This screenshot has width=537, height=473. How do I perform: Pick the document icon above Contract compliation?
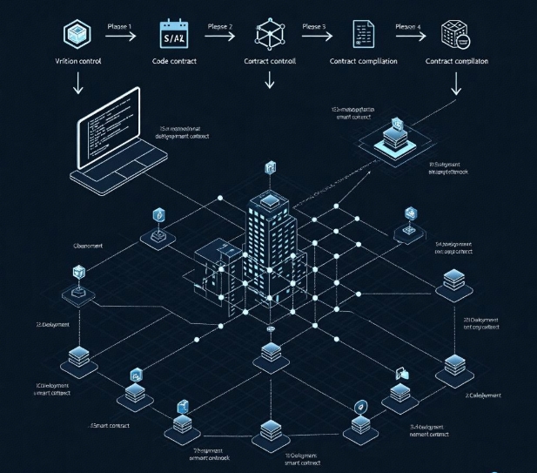click(362, 35)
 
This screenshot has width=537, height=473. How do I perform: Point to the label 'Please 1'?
click(119, 27)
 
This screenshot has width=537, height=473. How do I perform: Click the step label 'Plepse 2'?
click(220, 27)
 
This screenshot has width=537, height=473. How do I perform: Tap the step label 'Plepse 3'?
click(314, 27)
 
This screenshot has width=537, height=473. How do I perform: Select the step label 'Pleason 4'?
click(408, 27)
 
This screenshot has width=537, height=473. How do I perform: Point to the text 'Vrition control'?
click(77, 62)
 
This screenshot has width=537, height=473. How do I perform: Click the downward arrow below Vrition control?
click(77, 84)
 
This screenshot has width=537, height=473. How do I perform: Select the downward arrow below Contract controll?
click(269, 80)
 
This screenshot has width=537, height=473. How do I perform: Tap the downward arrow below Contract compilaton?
click(457, 84)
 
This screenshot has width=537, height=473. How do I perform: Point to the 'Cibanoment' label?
click(88, 247)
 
